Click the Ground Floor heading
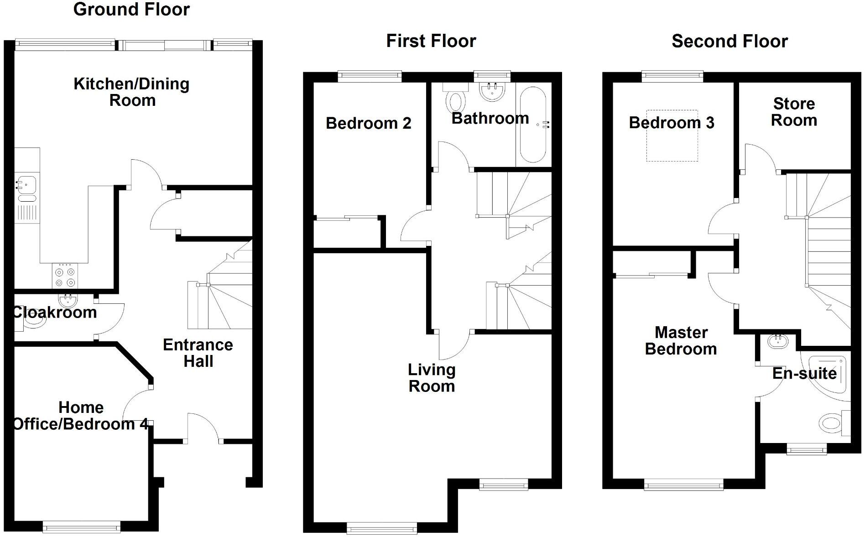click(x=131, y=10)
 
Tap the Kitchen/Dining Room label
click(x=131, y=92)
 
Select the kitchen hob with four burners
click(x=65, y=276)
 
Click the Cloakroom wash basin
click(x=68, y=300)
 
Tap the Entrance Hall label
click(x=198, y=353)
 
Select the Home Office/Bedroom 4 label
click(x=81, y=416)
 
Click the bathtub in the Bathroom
click(x=532, y=125)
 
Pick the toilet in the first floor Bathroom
click(x=456, y=99)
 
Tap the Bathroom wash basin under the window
click(x=492, y=91)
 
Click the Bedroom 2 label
click(x=368, y=123)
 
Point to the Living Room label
click(x=432, y=378)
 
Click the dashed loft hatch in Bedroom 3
click(x=672, y=136)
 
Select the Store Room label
click(x=794, y=112)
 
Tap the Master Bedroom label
click(x=681, y=341)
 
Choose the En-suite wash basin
click(x=776, y=341)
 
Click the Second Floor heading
click(x=730, y=42)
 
